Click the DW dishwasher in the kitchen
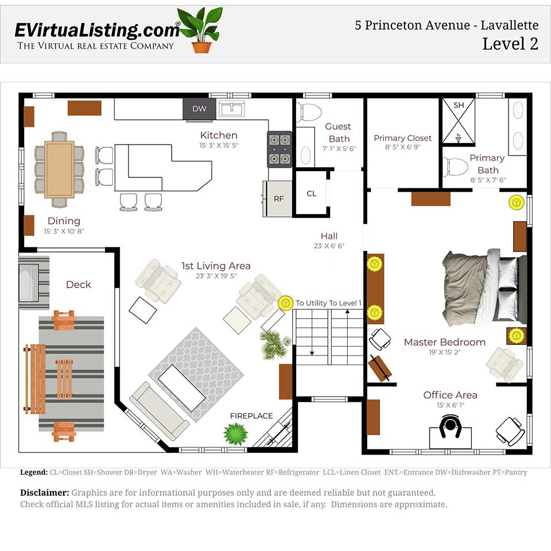(199, 108)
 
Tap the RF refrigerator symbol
(278, 199)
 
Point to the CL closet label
(311, 194)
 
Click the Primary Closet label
(402, 138)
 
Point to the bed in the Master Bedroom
(485, 287)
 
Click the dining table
(59, 169)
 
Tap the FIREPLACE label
(251, 416)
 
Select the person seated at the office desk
(451, 426)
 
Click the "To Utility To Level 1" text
(328, 303)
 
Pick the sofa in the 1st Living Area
(160, 411)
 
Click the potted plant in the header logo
(201, 29)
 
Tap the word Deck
(78, 285)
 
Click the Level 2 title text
(510, 44)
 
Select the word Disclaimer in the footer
(44, 493)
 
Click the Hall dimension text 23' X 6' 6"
(329, 246)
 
